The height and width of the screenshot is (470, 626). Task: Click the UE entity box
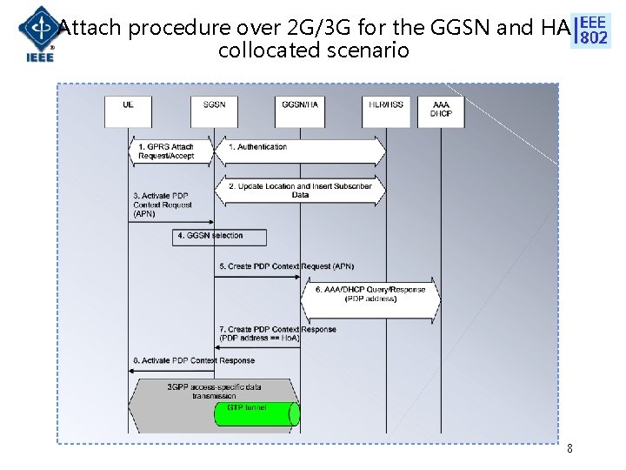(129, 111)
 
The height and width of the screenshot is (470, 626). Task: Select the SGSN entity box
(214, 111)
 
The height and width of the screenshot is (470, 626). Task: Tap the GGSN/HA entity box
(300, 111)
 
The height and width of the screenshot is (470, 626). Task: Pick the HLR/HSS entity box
(385, 111)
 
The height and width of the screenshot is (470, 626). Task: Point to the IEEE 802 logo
(593, 30)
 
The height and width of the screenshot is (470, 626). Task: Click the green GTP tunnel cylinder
(256, 413)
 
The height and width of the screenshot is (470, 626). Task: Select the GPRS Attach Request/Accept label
(165, 151)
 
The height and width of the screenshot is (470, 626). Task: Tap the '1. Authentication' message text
(257, 147)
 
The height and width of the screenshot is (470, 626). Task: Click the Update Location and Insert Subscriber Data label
(300, 191)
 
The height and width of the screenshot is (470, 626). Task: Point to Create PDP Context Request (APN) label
(274, 266)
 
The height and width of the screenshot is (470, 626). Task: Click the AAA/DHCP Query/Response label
(370, 294)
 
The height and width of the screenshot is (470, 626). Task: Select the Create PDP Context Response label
(276, 333)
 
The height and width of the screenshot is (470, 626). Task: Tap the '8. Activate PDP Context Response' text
(194, 360)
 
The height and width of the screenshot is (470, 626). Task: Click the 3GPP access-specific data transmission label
(214, 391)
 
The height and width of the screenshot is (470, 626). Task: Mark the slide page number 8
(569, 449)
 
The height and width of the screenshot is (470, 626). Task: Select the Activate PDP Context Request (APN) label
(163, 205)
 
